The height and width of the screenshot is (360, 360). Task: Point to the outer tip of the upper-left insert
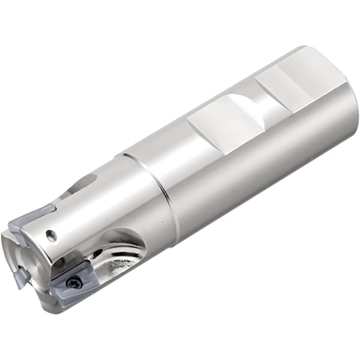[x=11, y=231]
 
